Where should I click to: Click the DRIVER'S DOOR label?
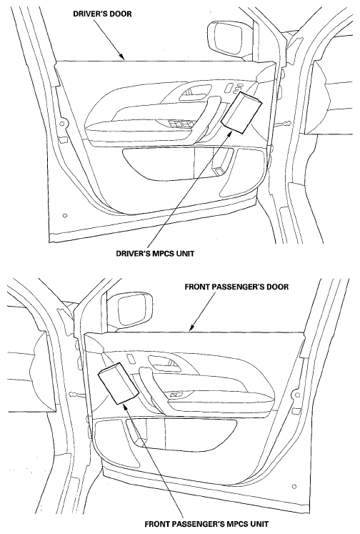coord(102,14)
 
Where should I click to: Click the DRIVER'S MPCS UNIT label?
coord(155,254)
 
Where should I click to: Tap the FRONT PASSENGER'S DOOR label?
coord(236,287)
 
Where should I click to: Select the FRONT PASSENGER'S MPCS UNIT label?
coord(206,524)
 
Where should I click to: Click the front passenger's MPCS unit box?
coord(118,383)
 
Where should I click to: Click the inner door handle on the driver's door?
coord(195,92)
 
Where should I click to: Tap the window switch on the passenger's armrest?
coord(176,395)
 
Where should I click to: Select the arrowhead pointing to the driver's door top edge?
coord(122,57)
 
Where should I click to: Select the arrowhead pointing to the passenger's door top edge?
coord(192,327)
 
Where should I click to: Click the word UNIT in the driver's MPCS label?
coord(186,254)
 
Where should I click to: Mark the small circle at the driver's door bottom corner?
coord(65,216)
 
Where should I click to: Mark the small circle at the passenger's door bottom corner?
coord(294,487)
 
